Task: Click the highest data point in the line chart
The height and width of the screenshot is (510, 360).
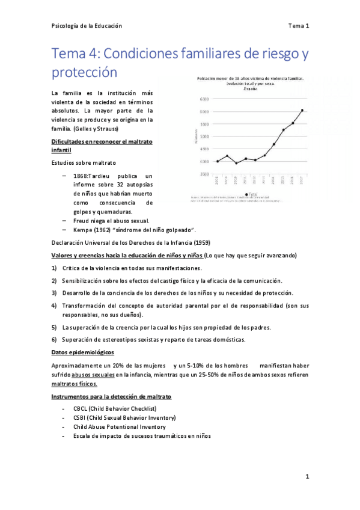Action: point(302,110)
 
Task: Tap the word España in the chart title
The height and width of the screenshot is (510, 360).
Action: point(251,88)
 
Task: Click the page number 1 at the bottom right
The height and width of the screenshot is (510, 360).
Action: point(307,477)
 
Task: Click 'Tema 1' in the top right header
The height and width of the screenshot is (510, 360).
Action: point(299,26)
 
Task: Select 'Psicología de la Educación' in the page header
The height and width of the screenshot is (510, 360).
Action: point(87,26)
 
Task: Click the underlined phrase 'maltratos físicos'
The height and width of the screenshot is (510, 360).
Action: point(75,384)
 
